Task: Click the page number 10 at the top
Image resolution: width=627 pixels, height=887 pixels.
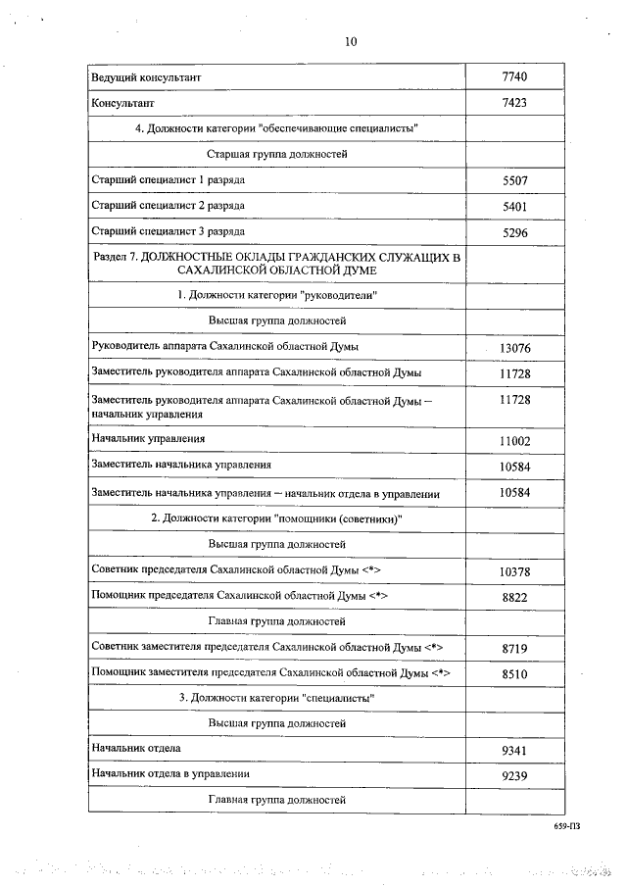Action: pos(353,41)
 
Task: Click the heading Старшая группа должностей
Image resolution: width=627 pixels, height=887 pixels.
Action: pos(276,155)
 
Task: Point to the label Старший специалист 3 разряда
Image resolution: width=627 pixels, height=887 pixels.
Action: pos(168,232)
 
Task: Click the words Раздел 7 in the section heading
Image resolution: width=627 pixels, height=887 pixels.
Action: pos(114,256)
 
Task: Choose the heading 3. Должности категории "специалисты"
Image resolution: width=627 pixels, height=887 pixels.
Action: pos(276,698)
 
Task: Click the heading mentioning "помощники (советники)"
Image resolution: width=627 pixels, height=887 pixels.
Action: pos(276,517)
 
